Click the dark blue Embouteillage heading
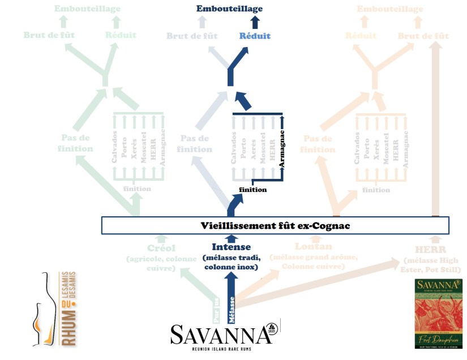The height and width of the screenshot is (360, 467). tap(229, 9)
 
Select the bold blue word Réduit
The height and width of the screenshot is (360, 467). tap(255, 36)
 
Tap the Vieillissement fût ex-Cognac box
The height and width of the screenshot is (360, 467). tap(275, 225)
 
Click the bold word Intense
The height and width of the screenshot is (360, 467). tap(231, 247)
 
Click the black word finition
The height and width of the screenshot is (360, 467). tap(252, 190)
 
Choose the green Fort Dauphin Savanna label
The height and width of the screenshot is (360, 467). tap(439, 312)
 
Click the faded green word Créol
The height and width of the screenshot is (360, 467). tap(161, 249)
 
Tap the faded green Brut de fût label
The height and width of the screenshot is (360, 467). tap(49, 35)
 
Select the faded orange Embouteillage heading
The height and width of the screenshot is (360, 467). tap(390, 9)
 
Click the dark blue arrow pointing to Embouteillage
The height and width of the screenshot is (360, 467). tap(255, 23)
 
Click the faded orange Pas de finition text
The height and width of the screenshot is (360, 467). tap(319, 144)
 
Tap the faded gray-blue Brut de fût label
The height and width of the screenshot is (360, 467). tap(192, 36)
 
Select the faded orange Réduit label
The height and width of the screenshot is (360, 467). tap(361, 36)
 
